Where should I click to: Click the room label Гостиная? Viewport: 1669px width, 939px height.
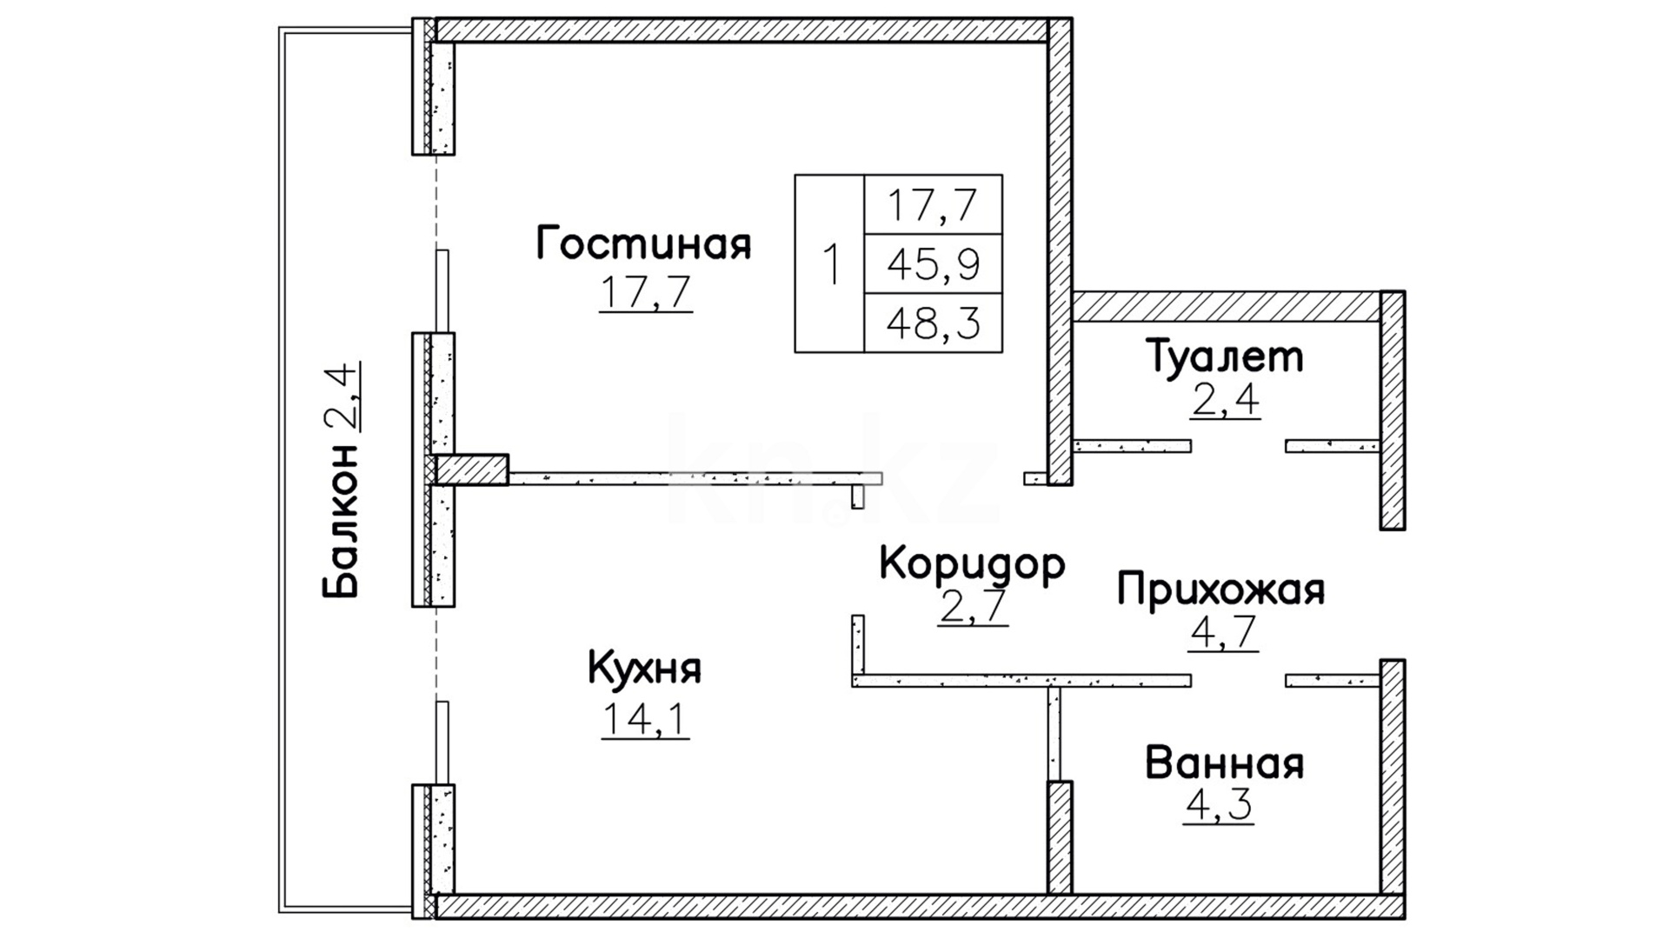coord(643,244)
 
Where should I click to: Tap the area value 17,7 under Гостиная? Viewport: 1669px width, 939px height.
coord(645,292)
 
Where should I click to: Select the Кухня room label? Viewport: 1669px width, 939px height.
coord(644,669)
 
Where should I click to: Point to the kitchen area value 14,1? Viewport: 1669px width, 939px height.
coord(645,718)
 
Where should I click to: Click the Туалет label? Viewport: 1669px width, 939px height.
coord(1226,356)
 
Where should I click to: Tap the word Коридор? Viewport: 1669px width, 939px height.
coord(972,565)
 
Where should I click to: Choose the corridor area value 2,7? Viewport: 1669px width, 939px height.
coord(973,607)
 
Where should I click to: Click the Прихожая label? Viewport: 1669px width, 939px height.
coord(1221,589)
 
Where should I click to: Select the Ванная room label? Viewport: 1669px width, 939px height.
coord(1225,763)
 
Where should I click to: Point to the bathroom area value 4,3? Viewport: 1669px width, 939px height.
coord(1219,805)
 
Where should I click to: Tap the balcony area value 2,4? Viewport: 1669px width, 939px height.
coord(341,397)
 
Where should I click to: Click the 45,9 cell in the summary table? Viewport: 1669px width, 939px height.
coord(933,264)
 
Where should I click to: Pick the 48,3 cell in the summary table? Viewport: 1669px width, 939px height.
coord(933,323)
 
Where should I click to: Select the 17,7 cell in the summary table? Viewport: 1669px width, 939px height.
coord(933,204)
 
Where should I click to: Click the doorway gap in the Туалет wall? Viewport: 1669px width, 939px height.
coord(1238,446)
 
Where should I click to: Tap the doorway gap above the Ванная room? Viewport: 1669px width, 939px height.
coord(1238,680)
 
